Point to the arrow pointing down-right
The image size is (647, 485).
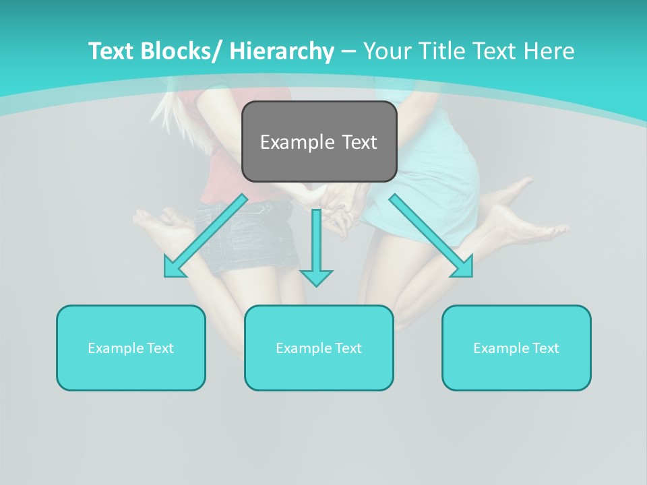click(x=431, y=236)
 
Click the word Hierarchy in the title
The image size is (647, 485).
click(x=282, y=51)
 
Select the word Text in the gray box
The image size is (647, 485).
click(x=359, y=142)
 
